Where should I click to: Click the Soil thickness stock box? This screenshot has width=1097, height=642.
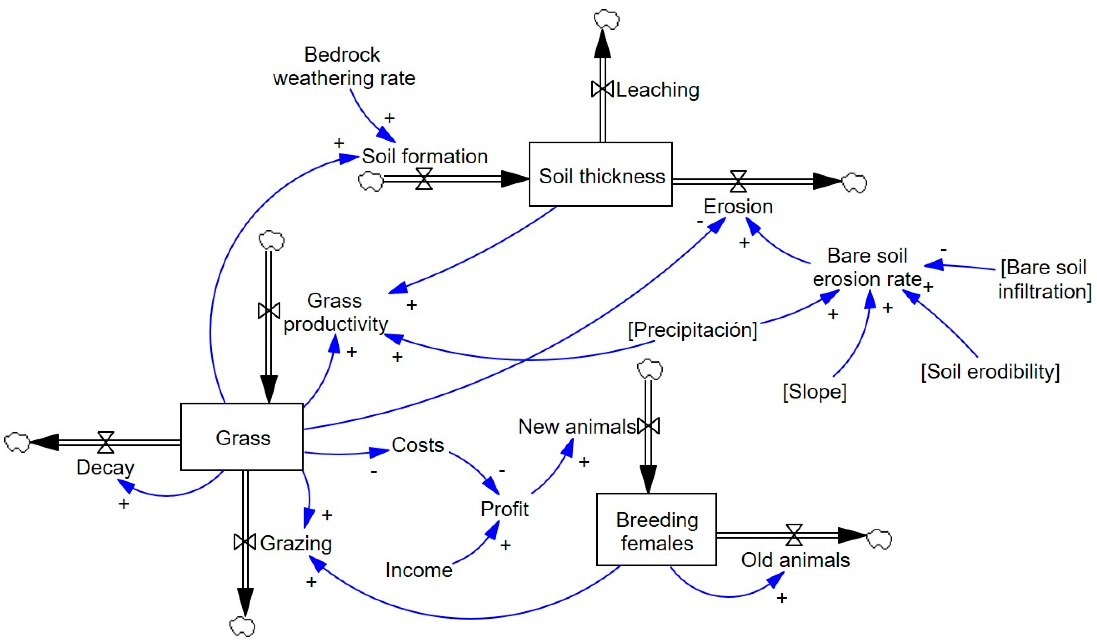(600, 174)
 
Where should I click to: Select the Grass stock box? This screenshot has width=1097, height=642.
(242, 437)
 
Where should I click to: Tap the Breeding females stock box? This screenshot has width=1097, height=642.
(656, 530)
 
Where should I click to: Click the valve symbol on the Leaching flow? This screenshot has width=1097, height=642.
(602, 89)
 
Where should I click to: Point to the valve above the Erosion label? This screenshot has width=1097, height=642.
(738, 181)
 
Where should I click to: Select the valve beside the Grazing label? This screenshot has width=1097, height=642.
(245, 542)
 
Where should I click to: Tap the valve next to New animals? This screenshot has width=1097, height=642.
(648, 426)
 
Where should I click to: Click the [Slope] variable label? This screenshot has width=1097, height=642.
(814, 391)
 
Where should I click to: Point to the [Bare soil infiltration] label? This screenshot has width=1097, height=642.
(1044, 279)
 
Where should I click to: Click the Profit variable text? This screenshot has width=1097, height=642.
(504, 509)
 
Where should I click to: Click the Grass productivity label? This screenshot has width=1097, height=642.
(335, 312)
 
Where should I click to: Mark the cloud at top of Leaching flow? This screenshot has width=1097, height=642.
(606, 20)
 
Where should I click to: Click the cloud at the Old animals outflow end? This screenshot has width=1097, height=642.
(879, 539)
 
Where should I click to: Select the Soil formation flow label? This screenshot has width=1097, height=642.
(424, 156)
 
